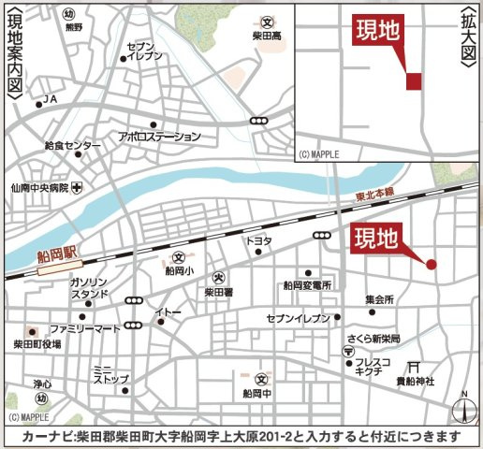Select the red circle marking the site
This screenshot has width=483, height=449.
pyautogui.click(x=432, y=265)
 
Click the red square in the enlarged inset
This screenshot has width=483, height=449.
pyautogui.click(x=414, y=82)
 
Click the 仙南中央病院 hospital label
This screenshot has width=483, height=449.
pyautogui.click(x=37, y=187)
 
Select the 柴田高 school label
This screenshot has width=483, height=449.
pyautogui.click(x=267, y=36)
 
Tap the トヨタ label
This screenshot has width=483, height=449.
pyautogui.click(x=258, y=240)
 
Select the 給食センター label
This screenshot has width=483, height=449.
pyautogui.click(x=72, y=146)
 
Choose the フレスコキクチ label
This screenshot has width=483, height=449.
pyautogui.click(x=370, y=366)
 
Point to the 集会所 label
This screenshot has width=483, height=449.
pyautogui.click(x=379, y=299)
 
